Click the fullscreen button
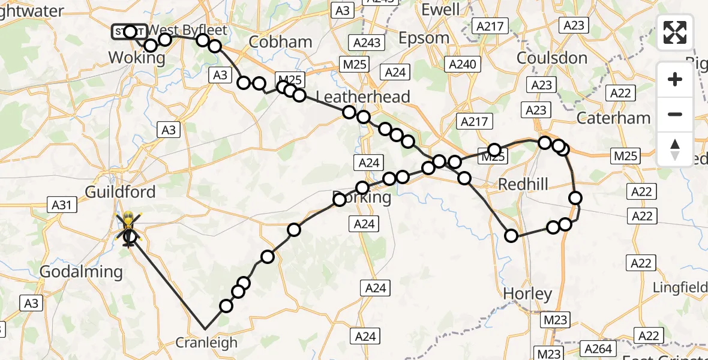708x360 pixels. pyautogui.click(x=675, y=32)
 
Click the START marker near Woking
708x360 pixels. pyautogui.click(x=128, y=31)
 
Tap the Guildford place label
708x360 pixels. pyautogui.click(x=121, y=192)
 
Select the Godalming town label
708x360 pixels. pyautogui.click(x=81, y=272)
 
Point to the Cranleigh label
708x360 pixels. pyautogui.click(x=206, y=343)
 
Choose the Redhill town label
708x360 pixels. pyautogui.click(x=523, y=184)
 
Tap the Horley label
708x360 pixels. pyautogui.click(x=527, y=294)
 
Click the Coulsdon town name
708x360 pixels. pyautogui.click(x=551, y=58)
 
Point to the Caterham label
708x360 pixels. pyautogui.click(x=613, y=118)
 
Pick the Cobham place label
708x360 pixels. pyautogui.click(x=280, y=41)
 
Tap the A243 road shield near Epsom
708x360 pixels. pyautogui.click(x=367, y=43)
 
